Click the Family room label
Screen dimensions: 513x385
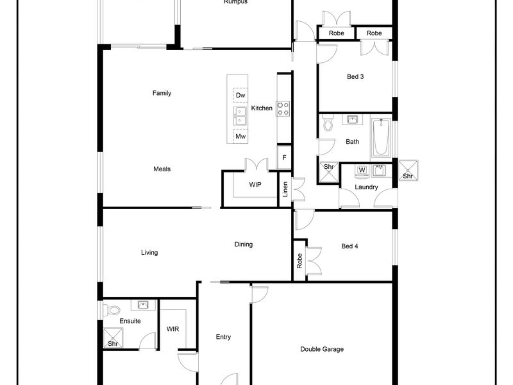pos(162,93)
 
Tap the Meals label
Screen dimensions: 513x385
pos(162,169)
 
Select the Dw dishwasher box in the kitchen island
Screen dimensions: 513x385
pos(240,95)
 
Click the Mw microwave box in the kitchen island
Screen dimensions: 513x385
pos(240,136)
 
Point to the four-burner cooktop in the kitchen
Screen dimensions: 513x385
pos(283,108)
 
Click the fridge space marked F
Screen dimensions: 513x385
pos(284,157)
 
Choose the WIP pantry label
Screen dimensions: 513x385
pos(255,185)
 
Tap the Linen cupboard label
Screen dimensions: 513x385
pos(285,189)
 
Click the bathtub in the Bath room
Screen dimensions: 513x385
pos(381,137)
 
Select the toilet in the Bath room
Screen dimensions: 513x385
pos(328,123)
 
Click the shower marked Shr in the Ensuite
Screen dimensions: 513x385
pos(114,338)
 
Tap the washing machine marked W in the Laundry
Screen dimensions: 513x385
pos(362,172)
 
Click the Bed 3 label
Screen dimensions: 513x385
pos(355,76)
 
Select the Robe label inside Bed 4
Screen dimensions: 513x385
pos(299,261)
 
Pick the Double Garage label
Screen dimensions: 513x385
pos(322,349)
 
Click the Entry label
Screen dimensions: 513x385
pos(223,337)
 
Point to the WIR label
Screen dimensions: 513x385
pos(172,329)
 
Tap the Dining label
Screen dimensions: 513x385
pos(244,244)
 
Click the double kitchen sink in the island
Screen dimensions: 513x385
pos(240,116)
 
